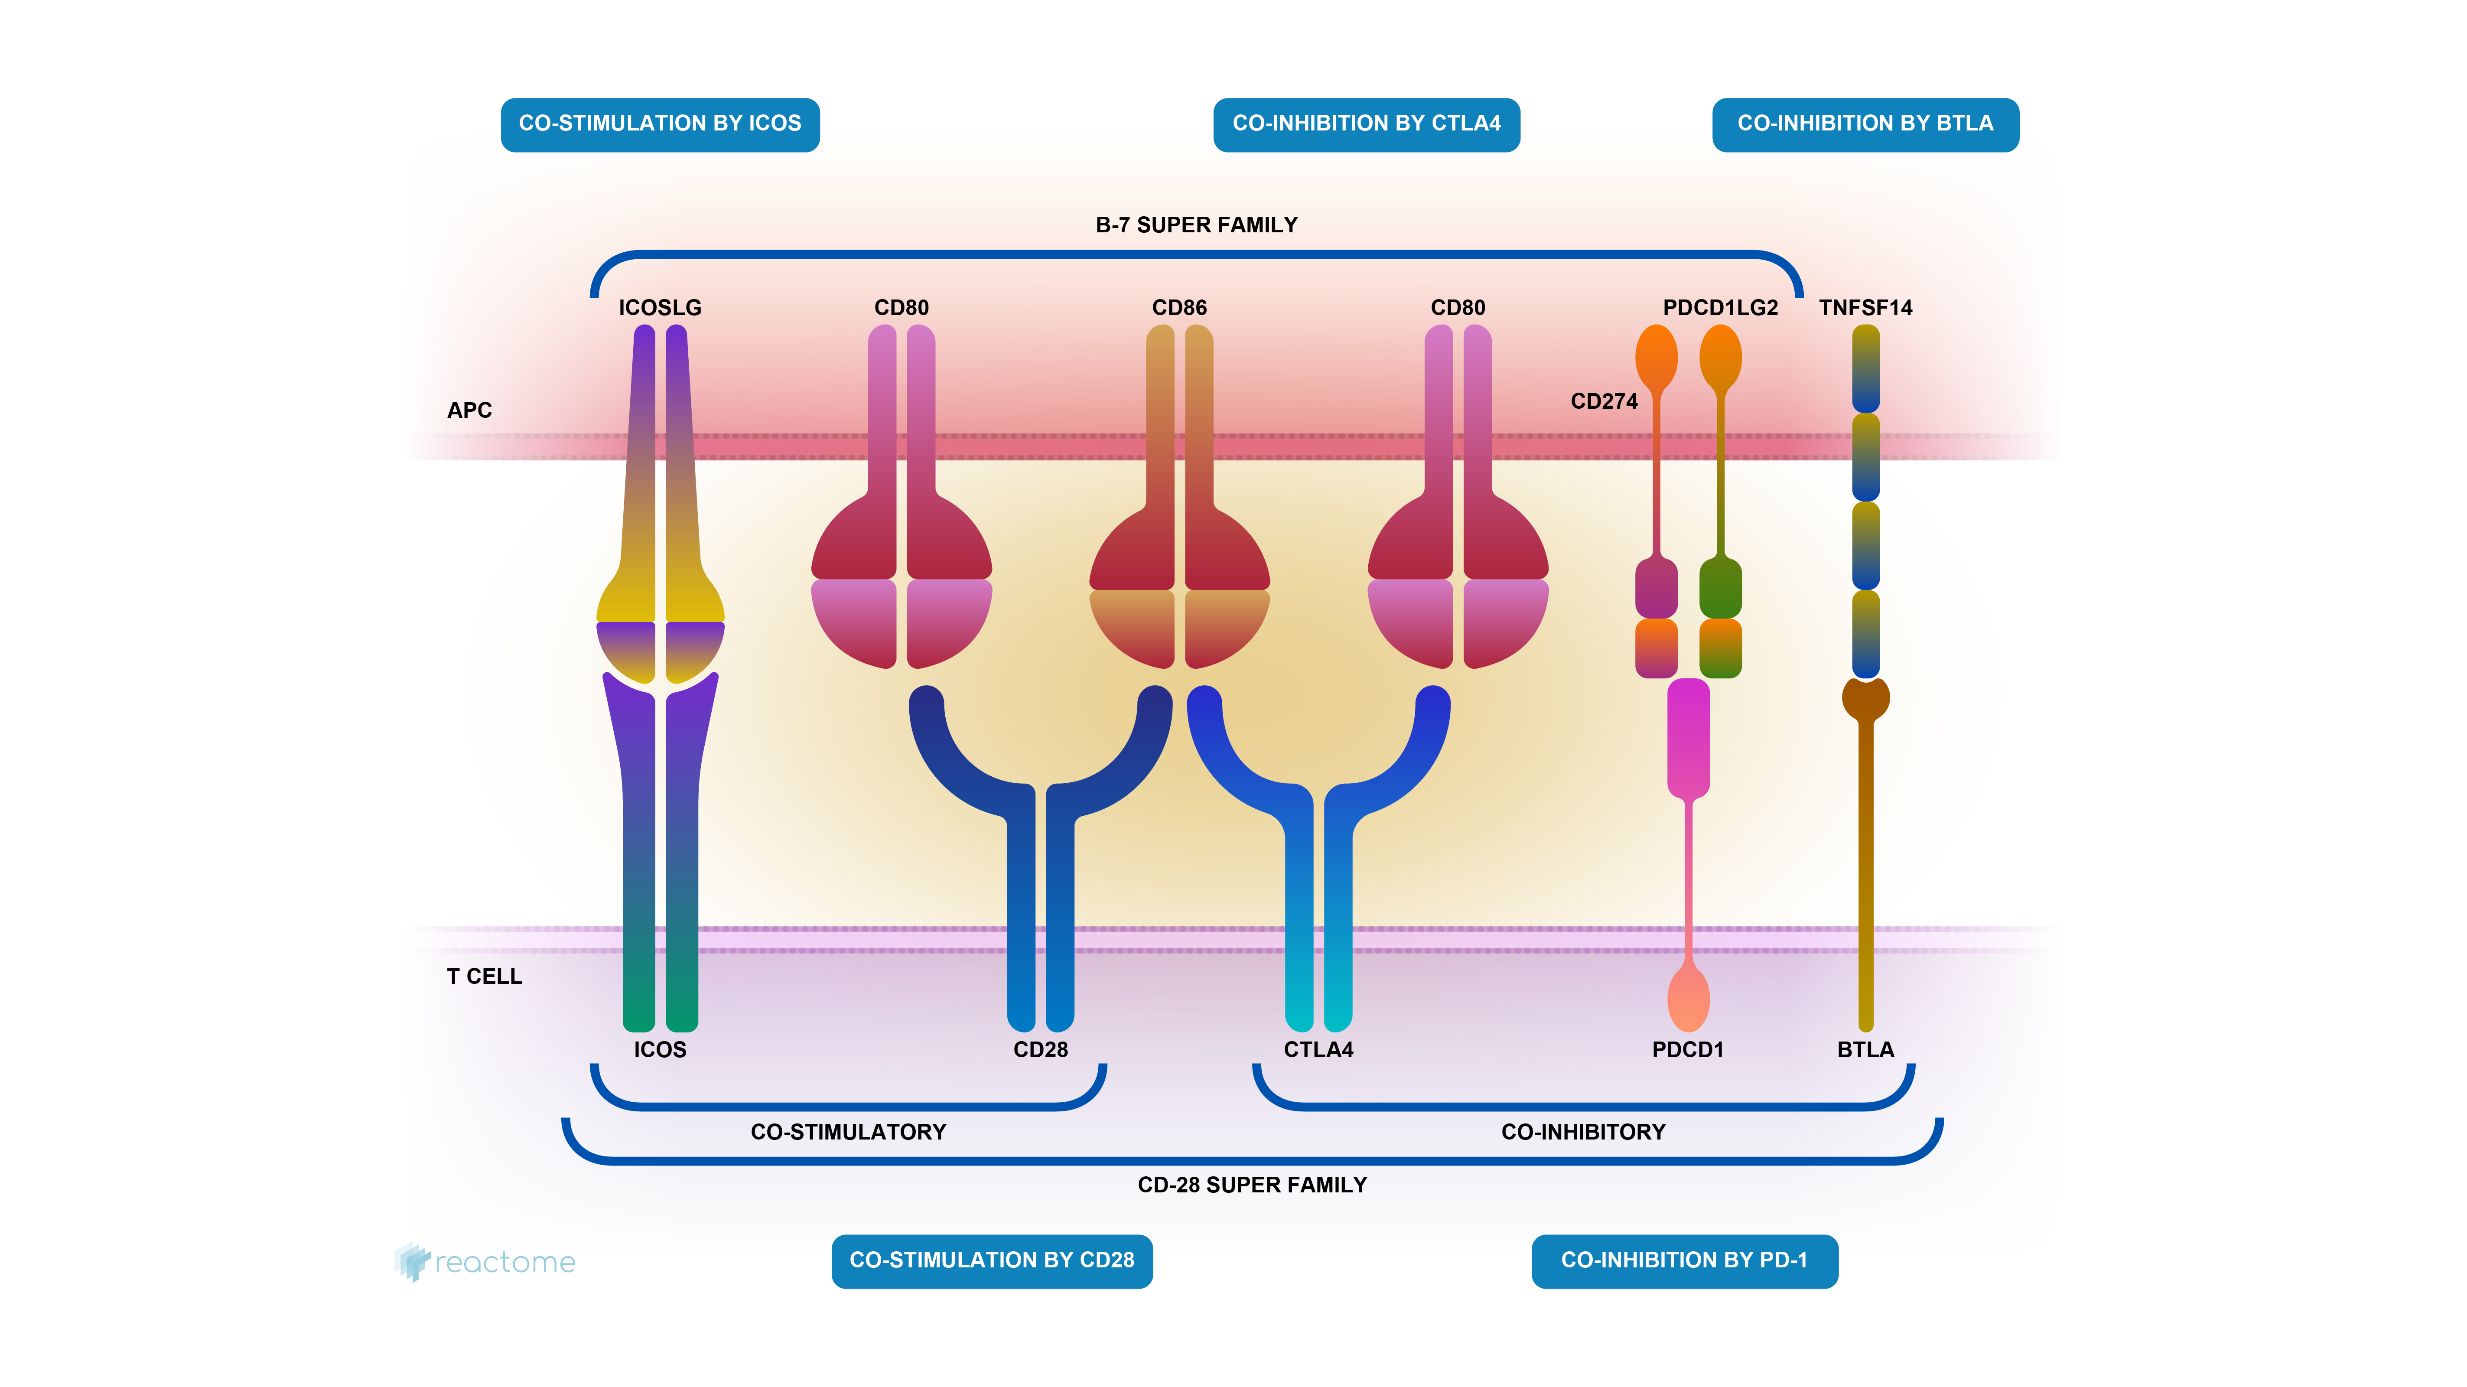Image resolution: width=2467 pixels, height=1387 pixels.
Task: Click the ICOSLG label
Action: (660, 307)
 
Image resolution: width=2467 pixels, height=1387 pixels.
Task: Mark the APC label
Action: (469, 410)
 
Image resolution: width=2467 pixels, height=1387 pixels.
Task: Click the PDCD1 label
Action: (1687, 1050)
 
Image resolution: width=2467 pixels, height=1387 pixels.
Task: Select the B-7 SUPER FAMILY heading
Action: (1196, 225)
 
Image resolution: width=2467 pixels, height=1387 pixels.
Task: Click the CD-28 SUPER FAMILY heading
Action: (1252, 1185)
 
